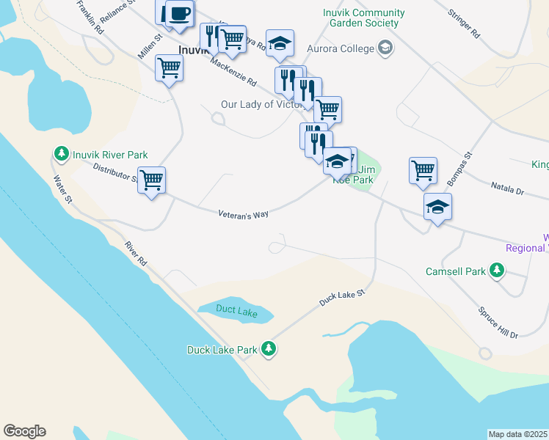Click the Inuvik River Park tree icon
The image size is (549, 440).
coord(61,154)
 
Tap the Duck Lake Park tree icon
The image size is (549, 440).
coord(269,349)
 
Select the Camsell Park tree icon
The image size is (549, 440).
coord(497,271)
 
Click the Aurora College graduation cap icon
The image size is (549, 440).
coord(384,48)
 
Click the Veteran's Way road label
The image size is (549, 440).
coord(244,214)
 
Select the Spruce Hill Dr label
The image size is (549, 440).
coord(499,322)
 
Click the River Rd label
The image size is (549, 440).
coord(136,253)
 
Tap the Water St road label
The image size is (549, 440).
coord(62,188)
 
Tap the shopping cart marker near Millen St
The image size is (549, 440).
coord(169,67)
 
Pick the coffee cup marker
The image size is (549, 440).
coord(180,12)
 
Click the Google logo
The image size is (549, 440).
coord(24,431)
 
